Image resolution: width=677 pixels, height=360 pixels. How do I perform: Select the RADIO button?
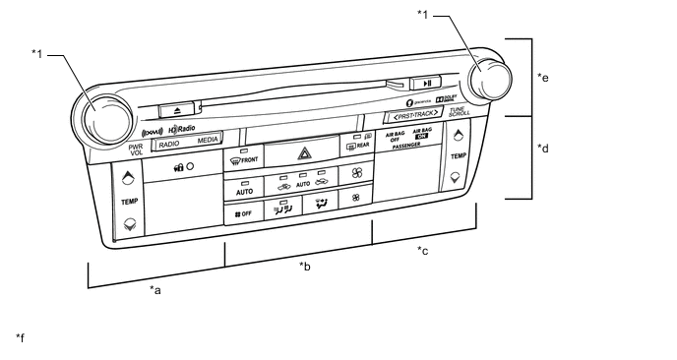[168, 142]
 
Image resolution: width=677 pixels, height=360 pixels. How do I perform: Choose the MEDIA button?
[207, 141]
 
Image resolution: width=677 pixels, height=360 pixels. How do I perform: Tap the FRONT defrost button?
[241, 159]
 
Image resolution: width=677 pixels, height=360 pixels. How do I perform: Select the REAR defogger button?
[355, 146]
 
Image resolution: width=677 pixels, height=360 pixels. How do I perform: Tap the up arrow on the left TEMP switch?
[128, 180]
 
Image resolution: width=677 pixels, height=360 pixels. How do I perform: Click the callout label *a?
[154, 289]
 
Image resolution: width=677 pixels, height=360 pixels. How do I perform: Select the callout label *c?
[422, 250]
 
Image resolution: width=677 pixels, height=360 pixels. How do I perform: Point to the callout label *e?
[542, 76]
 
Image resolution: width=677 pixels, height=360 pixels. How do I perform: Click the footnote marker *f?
[20, 338]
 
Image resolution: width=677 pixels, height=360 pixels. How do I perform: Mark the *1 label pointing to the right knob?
[422, 14]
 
